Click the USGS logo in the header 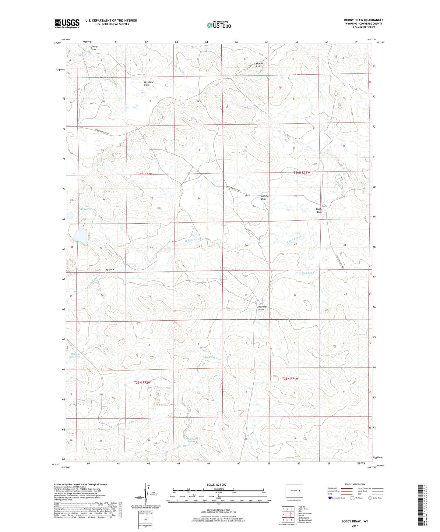(x=67, y=23)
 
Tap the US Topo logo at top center (x=219, y=25)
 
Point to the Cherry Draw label (x=94, y=48)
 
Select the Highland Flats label (x=148, y=83)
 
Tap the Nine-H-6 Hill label (x=259, y=65)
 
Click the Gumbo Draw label (x=265, y=197)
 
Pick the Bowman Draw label (x=262, y=308)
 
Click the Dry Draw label (x=109, y=269)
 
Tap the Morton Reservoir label (x=75, y=355)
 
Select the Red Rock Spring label (x=191, y=440)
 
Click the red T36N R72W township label (x=144, y=174)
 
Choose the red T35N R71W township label (x=290, y=378)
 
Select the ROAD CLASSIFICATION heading (x=355, y=484)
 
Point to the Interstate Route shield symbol (x=330, y=498)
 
